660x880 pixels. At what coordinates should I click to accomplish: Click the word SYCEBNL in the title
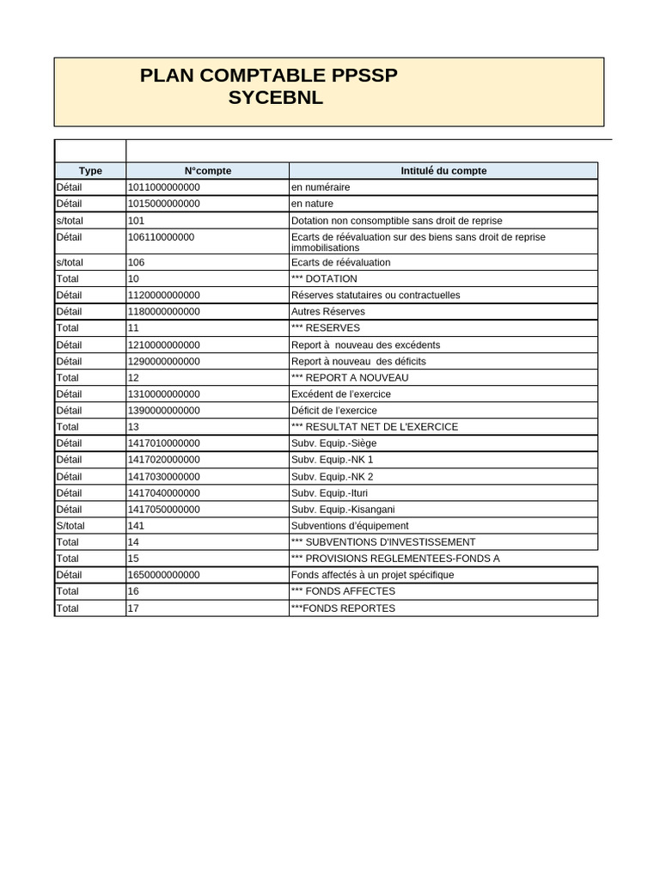(x=275, y=98)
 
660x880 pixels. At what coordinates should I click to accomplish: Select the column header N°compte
(x=207, y=171)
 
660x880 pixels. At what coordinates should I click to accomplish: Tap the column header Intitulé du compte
(x=443, y=171)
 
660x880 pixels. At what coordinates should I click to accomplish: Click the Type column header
(x=90, y=171)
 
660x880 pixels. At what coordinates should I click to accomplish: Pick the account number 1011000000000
(x=163, y=187)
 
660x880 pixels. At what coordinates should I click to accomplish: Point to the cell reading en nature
(x=312, y=204)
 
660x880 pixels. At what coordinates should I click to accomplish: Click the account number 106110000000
(x=161, y=237)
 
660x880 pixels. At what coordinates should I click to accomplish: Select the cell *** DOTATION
(x=324, y=278)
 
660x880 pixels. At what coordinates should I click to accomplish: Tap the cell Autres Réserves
(x=327, y=311)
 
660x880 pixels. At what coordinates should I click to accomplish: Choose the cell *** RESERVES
(x=326, y=327)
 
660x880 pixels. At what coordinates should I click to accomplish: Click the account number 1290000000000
(x=163, y=361)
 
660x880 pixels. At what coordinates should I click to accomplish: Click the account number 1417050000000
(x=163, y=509)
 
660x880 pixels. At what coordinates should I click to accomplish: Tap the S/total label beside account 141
(x=70, y=525)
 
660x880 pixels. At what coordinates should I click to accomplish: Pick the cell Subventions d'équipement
(x=350, y=525)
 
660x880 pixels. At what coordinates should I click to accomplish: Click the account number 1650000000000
(x=163, y=574)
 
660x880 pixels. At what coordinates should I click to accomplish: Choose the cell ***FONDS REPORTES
(x=343, y=608)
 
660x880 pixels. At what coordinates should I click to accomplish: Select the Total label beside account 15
(x=67, y=558)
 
